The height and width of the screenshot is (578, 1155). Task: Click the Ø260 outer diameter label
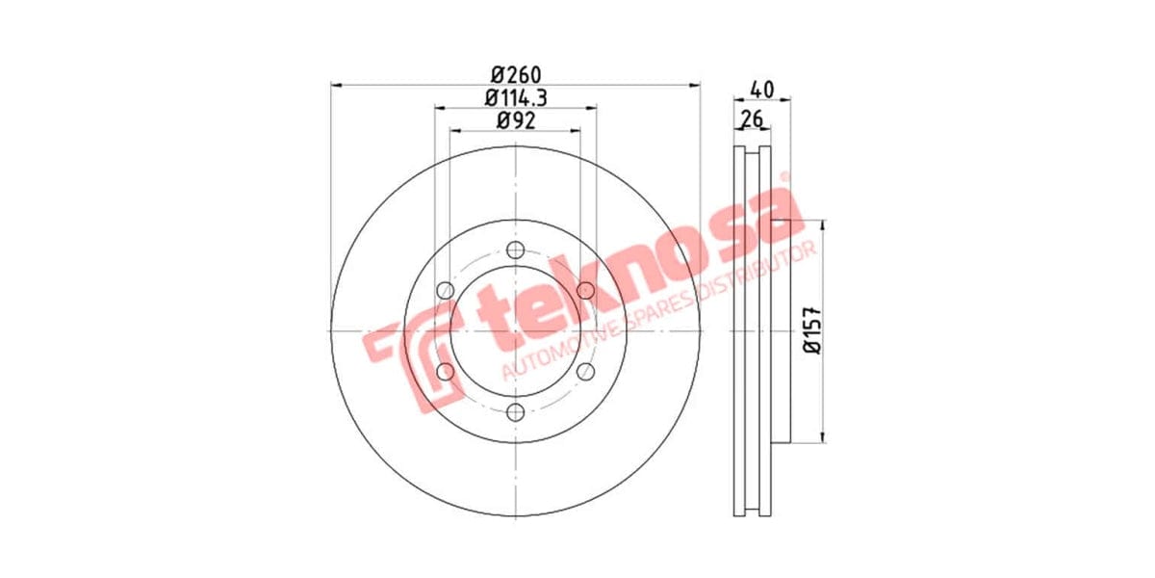516,74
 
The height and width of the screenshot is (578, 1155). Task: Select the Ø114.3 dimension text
516,97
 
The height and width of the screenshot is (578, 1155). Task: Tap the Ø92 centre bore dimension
516,120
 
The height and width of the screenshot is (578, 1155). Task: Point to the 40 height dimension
761,89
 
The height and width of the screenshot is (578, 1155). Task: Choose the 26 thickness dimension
752,119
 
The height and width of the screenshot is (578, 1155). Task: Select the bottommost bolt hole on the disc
516,412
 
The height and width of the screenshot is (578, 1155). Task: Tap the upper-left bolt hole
445,290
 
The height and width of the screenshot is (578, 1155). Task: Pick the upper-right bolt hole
586,290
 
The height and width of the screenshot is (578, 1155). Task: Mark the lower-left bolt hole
445,372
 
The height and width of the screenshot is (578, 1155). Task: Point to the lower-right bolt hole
586,372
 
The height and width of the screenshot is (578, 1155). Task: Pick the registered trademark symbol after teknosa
783,178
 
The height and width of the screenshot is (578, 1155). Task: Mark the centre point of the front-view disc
516,331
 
